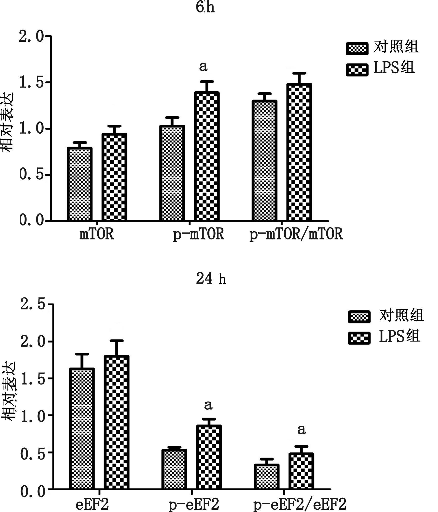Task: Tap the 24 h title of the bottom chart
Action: [211, 279]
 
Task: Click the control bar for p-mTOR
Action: [172, 173]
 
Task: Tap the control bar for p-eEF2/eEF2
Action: [266, 476]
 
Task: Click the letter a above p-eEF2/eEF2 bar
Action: [301, 430]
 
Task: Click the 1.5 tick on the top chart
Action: [31, 83]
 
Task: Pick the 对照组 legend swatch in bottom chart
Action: [359, 317]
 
